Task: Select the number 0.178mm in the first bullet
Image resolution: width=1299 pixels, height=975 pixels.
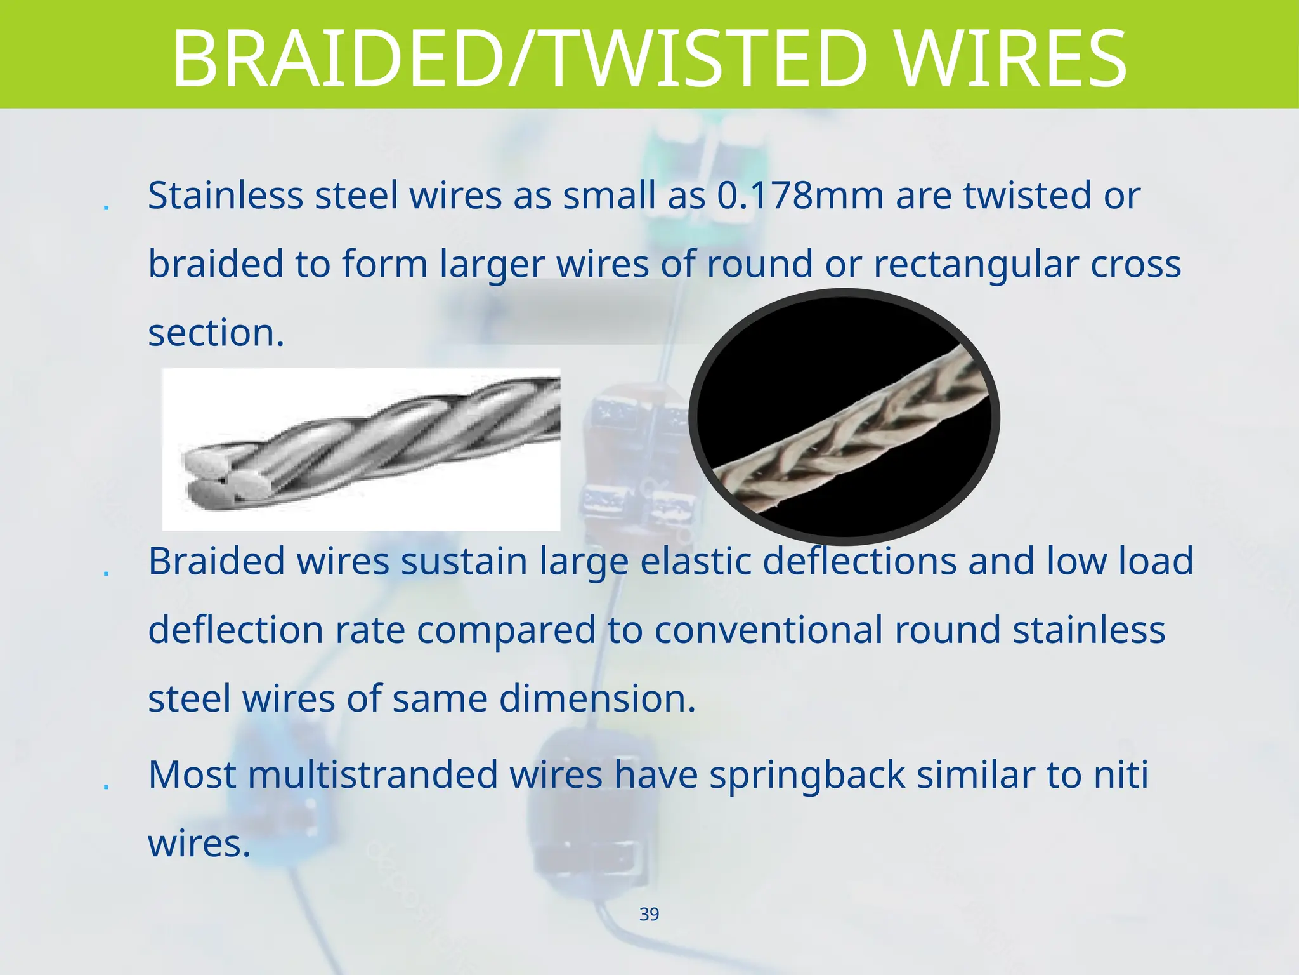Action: pyautogui.click(x=800, y=196)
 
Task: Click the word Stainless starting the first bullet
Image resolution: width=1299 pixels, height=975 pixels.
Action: pyautogui.click(x=225, y=196)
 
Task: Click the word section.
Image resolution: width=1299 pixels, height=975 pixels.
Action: pyautogui.click(x=216, y=333)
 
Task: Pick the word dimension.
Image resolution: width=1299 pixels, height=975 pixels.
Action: pyautogui.click(x=597, y=698)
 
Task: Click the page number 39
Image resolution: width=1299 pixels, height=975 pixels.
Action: pyautogui.click(x=649, y=914)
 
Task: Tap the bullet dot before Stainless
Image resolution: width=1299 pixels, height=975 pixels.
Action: pyautogui.click(x=106, y=207)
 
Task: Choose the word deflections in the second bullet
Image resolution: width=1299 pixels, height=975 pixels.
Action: pyautogui.click(x=859, y=561)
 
